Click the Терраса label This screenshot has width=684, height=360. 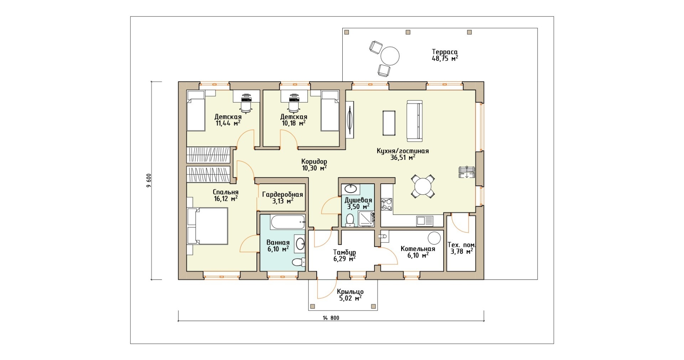point(445,52)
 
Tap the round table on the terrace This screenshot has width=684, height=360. point(390,56)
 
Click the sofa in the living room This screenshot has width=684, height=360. point(414,121)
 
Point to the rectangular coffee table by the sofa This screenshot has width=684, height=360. point(389,123)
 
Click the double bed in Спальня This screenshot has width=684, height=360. point(207,226)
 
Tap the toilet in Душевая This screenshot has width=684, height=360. point(350,220)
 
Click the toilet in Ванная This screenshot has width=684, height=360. point(299,263)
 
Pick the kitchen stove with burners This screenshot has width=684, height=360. point(387,204)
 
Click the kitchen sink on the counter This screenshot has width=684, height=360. point(425,221)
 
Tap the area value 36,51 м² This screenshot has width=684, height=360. point(403,157)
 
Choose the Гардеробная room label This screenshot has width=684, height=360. point(283,194)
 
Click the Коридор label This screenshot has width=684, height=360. point(314,161)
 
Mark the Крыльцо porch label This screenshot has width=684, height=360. point(350,292)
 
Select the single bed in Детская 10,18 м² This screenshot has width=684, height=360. point(330,111)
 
